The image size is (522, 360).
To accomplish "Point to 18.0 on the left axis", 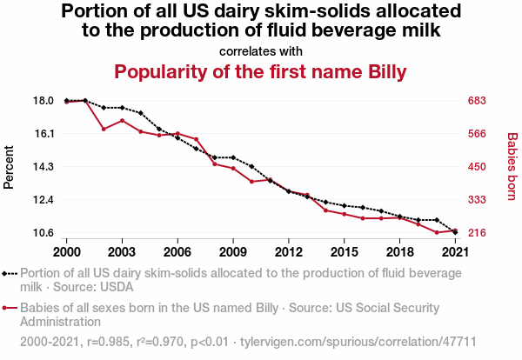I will click(x=43, y=101).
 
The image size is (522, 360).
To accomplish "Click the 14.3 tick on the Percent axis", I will click(x=43, y=167).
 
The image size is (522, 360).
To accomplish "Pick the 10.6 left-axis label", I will click(x=43, y=233).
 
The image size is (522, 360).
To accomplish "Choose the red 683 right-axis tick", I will click(x=478, y=101).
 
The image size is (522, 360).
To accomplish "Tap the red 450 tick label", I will click(x=478, y=167).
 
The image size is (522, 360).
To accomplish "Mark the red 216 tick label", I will click(x=478, y=233).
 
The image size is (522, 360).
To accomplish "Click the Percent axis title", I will click(x=10, y=167).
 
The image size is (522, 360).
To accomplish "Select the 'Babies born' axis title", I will click(x=512, y=166).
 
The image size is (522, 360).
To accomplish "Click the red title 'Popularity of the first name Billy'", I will click(x=261, y=71).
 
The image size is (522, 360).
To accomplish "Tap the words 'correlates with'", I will click(x=261, y=50).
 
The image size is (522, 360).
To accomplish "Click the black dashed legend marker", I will click(x=10, y=273).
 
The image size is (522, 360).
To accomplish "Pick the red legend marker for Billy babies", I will click(x=10, y=308).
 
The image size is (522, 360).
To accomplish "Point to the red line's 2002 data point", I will click(x=104, y=129).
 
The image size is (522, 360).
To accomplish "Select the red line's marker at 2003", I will click(x=122, y=120).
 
